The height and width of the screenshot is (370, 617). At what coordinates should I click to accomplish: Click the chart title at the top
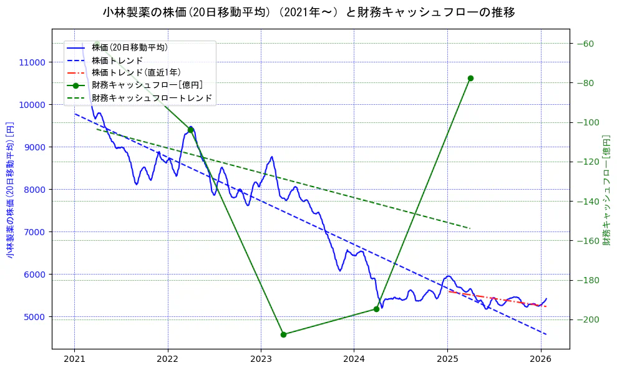[x=309, y=12]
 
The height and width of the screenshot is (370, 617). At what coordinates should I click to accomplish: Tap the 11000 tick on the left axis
[x=32, y=62]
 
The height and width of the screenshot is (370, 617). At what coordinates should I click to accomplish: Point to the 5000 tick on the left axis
[x=34, y=317]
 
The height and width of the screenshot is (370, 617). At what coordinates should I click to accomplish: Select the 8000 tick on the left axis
[x=34, y=190]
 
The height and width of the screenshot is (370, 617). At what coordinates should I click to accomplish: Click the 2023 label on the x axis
[x=261, y=359]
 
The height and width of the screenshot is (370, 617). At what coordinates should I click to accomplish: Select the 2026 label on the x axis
[x=540, y=359]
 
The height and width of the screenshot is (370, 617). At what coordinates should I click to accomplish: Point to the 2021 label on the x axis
[x=74, y=359]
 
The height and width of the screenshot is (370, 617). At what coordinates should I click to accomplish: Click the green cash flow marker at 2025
[x=470, y=78]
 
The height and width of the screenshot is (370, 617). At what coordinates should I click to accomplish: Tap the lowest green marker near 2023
[x=283, y=334]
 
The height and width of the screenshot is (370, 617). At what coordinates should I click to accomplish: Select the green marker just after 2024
[x=376, y=309]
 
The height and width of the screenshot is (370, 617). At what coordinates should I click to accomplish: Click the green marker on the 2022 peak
[x=190, y=130]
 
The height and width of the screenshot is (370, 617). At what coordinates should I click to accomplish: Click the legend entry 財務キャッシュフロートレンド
[x=152, y=98]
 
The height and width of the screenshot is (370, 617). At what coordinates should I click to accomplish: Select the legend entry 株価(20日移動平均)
[x=129, y=47]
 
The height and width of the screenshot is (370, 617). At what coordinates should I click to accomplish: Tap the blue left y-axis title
[x=10, y=190]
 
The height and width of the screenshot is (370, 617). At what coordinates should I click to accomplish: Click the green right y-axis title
[x=606, y=190]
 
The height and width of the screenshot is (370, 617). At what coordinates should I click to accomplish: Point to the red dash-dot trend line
[x=499, y=299]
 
